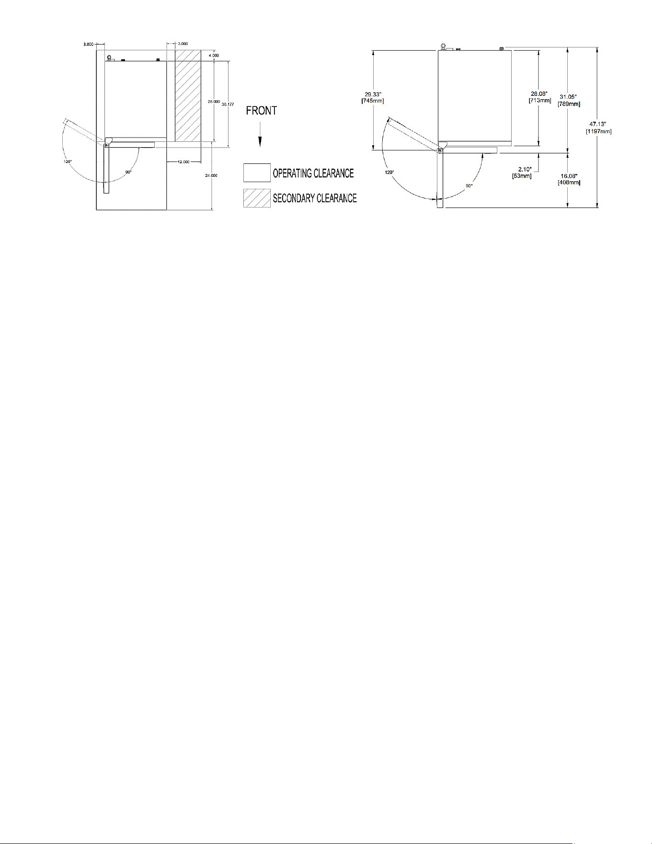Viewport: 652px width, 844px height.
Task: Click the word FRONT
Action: (x=261, y=111)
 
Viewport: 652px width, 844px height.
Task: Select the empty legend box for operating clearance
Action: (x=257, y=173)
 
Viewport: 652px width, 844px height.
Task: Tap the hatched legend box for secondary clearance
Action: (x=257, y=198)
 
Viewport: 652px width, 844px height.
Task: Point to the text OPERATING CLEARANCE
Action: (x=313, y=173)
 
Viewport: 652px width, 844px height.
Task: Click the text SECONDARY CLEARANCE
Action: (x=315, y=198)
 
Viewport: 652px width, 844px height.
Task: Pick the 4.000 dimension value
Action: (x=214, y=56)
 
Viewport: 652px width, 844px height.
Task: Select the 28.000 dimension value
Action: (x=214, y=102)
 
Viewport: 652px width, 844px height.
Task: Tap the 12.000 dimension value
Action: (x=183, y=162)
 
